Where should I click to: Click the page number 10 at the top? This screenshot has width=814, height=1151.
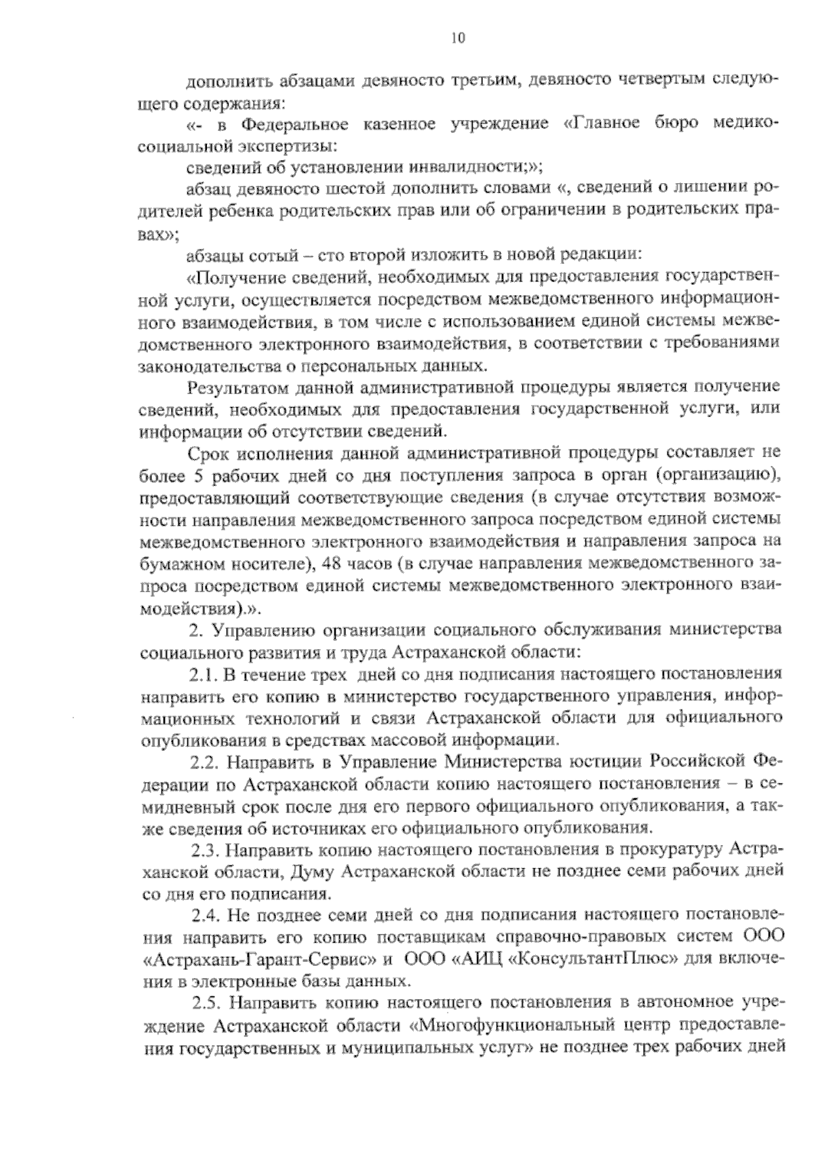[x=459, y=38]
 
